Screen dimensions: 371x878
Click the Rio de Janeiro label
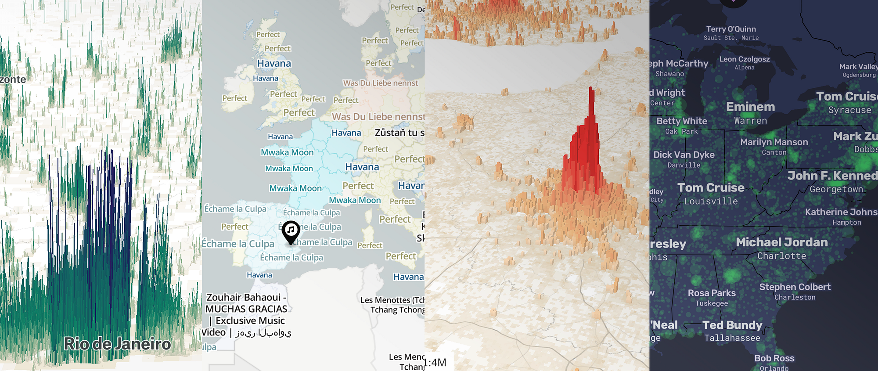click(117, 344)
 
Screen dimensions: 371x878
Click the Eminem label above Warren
click(750, 107)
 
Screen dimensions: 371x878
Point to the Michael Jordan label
click(781, 242)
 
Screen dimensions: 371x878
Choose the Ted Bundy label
click(732, 325)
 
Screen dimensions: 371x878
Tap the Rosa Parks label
click(712, 293)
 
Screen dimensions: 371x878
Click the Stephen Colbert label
click(795, 287)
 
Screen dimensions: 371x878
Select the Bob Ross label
click(774, 358)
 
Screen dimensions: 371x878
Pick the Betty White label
click(681, 121)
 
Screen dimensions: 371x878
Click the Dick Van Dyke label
click(684, 155)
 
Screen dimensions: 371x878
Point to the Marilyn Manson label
click(774, 142)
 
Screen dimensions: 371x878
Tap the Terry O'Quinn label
click(730, 29)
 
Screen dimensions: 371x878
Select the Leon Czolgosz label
click(744, 59)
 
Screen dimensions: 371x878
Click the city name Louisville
click(711, 201)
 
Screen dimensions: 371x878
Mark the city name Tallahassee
click(732, 338)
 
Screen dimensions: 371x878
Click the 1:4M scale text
click(435, 363)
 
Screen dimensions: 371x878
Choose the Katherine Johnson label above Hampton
click(841, 212)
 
